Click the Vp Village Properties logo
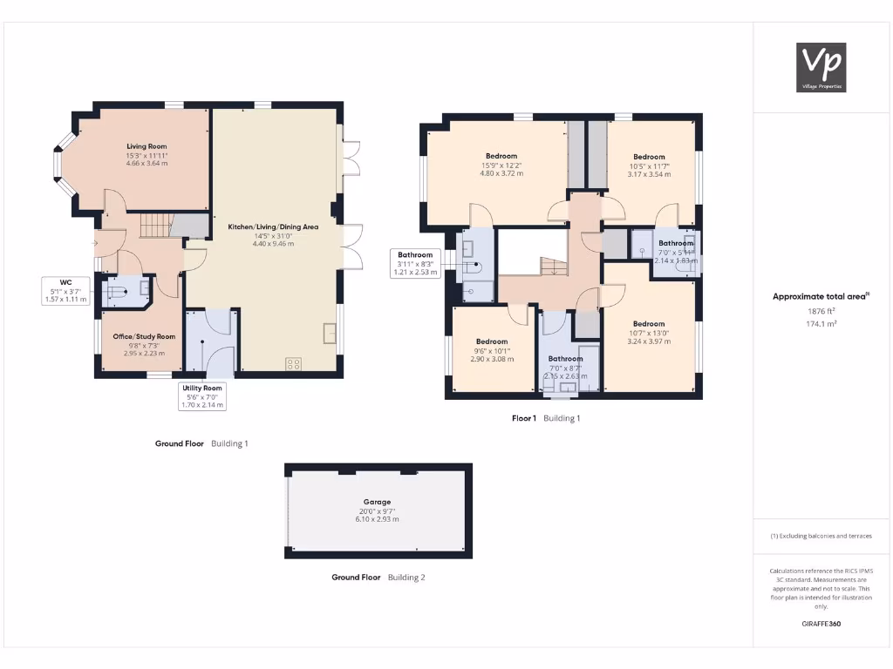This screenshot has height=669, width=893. tap(822, 67)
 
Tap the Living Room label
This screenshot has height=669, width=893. tap(147, 146)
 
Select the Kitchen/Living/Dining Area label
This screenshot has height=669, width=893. tap(273, 226)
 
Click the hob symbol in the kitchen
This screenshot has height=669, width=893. tap(294, 364)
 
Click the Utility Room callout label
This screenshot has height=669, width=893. tap(201, 395)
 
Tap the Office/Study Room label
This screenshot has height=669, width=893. tap(144, 336)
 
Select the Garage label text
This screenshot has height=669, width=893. tap(377, 502)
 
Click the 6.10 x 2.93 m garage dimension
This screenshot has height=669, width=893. tap(377, 519)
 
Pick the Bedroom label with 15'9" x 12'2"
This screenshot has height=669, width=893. tap(501, 156)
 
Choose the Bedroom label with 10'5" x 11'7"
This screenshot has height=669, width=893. tap(649, 157)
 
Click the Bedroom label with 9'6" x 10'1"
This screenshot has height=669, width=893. tap(492, 341)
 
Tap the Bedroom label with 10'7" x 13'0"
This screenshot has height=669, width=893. tap(649, 323)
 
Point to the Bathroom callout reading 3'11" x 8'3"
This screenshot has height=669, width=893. tap(415, 263)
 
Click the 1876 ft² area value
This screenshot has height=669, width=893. tap(821, 310)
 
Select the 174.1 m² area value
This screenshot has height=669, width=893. tap(821, 323)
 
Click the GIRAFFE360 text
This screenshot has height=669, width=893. tap(821, 624)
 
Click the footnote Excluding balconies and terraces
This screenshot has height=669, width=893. tap(821, 536)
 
